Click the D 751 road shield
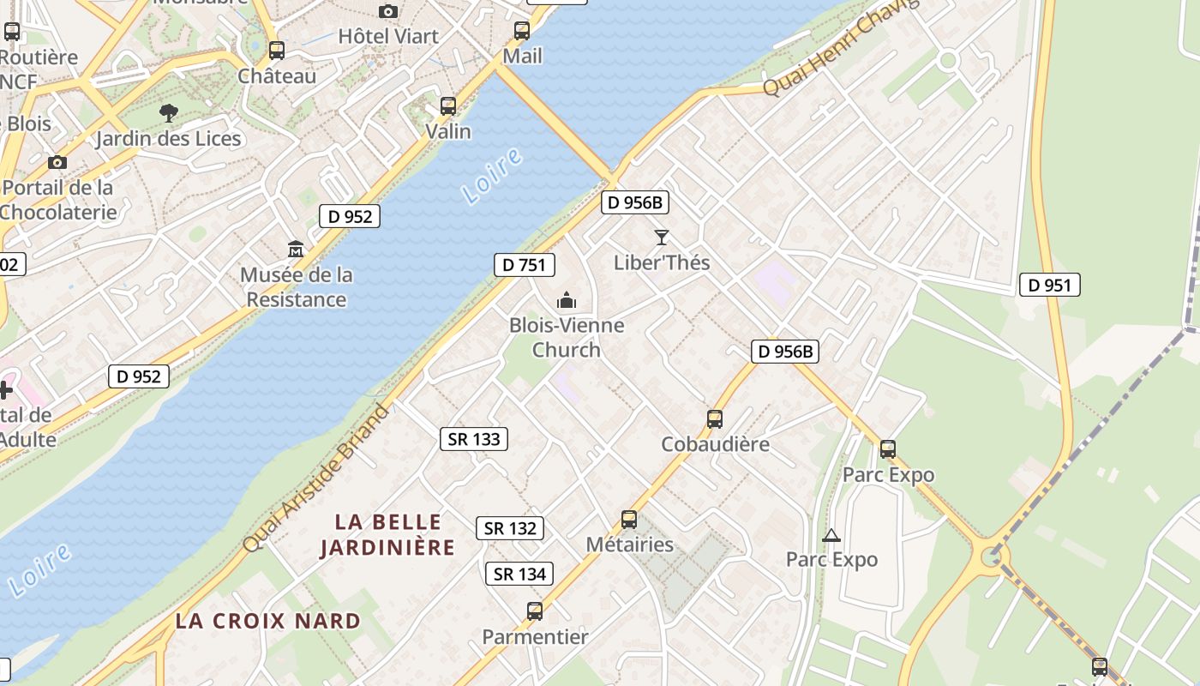(524, 265)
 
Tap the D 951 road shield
(1049, 285)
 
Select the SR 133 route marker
(474, 439)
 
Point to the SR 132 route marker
(510, 528)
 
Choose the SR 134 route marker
(519, 574)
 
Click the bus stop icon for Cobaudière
(715, 419)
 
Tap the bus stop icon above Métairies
(629, 520)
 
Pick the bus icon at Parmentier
(535, 611)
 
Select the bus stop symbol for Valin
(448, 106)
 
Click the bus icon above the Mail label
(522, 32)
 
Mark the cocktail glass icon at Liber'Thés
(661, 237)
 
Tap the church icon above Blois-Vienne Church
(566, 300)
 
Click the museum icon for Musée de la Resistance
(296, 250)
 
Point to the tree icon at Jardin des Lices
(169, 112)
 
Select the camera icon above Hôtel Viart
(388, 11)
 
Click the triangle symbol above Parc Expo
(831, 536)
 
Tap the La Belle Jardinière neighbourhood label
(387, 534)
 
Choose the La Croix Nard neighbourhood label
(267, 621)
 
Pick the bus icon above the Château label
(276, 51)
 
